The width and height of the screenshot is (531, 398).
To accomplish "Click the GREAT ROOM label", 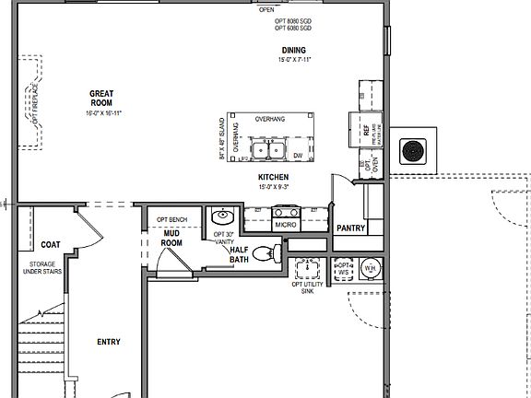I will coord(100,98).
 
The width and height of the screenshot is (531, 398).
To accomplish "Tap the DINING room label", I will coord(294,50).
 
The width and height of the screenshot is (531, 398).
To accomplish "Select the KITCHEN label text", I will coord(274,177).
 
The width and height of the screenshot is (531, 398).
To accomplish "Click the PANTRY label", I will coord(351,228).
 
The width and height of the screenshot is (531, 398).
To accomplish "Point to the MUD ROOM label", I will coord(171,239).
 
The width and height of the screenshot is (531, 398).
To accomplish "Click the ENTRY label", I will coord(109,342).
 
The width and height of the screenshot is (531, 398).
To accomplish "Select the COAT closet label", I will coord(51,244).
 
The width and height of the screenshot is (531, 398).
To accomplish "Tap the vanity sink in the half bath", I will coord(221,218).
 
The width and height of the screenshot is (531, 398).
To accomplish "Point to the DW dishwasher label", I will coord(298,156).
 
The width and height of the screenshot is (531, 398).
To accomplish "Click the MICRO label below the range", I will coord(285,225).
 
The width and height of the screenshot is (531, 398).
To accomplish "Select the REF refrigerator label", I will coord(366,132).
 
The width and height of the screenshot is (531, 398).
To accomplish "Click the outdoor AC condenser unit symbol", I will coord(411,150).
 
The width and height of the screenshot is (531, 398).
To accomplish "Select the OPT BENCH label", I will coord(171,219).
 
